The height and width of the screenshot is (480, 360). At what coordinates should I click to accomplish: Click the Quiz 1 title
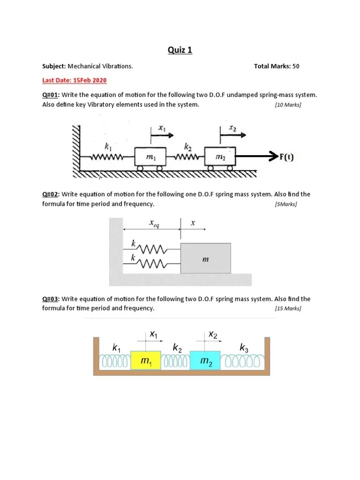click(180, 51)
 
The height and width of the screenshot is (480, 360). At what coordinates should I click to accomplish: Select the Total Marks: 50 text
click(276, 66)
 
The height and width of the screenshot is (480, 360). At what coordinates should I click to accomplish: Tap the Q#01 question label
click(50, 95)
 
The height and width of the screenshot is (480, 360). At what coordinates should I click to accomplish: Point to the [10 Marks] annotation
click(288, 105)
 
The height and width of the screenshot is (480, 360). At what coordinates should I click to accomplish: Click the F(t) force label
click(286, 157)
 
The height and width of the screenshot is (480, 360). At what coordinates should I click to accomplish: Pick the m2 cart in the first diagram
click(220, 158)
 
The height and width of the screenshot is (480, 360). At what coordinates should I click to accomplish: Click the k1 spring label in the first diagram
click(108, 146)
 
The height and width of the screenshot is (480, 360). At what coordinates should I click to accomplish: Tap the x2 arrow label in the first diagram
click(232, 127)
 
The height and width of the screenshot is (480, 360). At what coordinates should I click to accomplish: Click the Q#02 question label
click(50, 194)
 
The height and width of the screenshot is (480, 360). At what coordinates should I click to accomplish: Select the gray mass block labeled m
click(206, 258)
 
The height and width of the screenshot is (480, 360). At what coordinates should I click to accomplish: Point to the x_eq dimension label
click(154, 224)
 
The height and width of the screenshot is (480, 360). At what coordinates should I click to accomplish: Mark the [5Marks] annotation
click(286, 204)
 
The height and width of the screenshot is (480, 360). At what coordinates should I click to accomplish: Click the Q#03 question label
click(50, 299)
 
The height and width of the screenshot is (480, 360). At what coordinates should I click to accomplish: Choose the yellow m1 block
click(146, 360)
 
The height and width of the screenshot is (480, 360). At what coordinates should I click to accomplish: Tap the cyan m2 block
click(205, 360)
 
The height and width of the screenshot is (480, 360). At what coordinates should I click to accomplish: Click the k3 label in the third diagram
click(244, 347)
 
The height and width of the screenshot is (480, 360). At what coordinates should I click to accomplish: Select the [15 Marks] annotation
click(288, 308)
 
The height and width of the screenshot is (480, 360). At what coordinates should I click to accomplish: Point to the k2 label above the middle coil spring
click(178, 347)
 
